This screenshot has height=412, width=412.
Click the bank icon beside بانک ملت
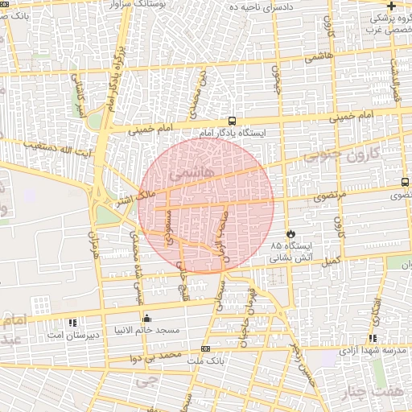206,348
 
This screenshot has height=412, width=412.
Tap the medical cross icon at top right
390,6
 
